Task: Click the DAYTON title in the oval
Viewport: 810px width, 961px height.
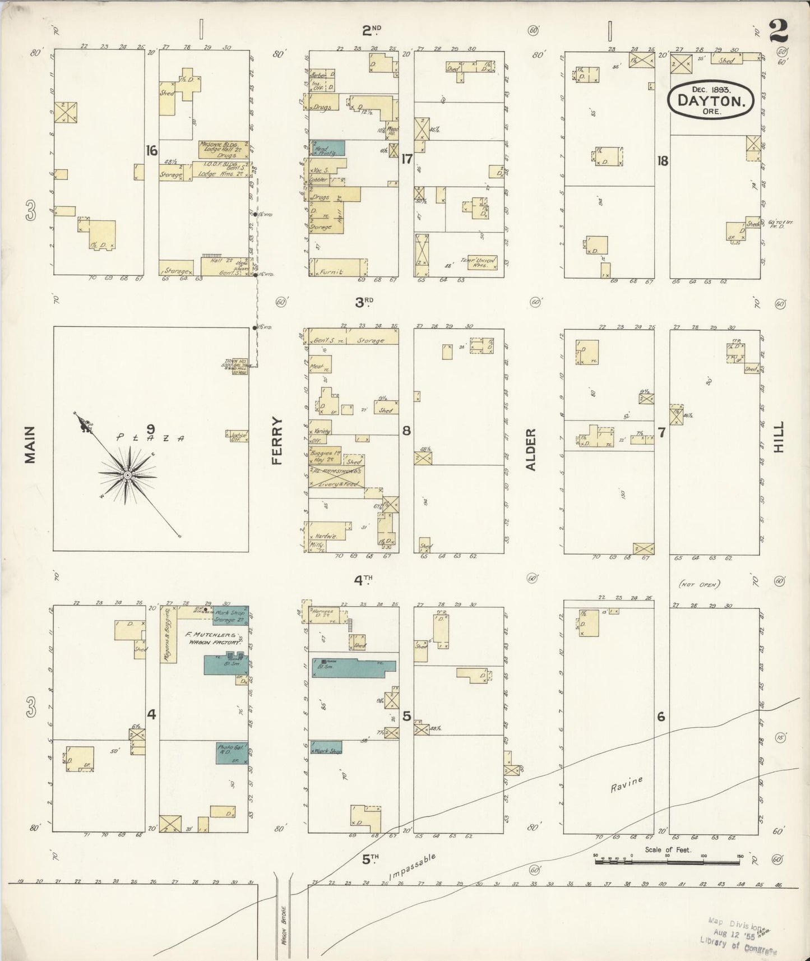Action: tap(711, 101)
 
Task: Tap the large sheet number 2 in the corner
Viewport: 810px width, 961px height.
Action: tap(778, 31)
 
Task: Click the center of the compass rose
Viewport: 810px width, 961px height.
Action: tap(127, 475)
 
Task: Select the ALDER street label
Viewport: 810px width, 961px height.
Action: tap(531, 449)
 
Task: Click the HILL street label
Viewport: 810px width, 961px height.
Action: tap(779, 437)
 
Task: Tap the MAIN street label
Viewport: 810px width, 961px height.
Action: tap(30, 445)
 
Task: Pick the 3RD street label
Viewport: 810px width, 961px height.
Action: tap(364, 302)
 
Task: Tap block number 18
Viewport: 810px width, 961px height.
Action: tap(663, 161)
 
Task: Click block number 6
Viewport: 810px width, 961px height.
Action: tap(661, 717)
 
